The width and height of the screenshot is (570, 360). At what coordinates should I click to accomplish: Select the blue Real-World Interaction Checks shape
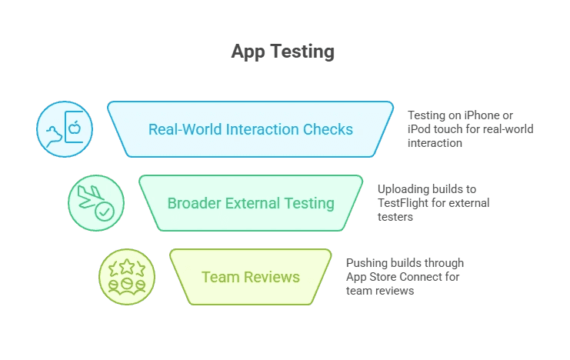point(250,128)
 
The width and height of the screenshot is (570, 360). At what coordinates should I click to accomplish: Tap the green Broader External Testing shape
point(250,203)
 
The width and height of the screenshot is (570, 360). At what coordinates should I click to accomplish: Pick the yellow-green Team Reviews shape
point(250,277)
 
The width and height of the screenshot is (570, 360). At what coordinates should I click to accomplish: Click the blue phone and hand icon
point(65,128)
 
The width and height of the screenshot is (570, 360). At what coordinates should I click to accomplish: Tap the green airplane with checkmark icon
point(95,203)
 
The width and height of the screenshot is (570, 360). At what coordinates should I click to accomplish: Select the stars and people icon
point(127,277)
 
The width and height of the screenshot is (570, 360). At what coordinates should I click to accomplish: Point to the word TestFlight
point(406,203)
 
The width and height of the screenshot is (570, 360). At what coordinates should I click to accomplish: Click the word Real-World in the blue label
point(185,128)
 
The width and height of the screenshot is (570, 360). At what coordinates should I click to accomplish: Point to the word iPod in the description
point(420,129)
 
